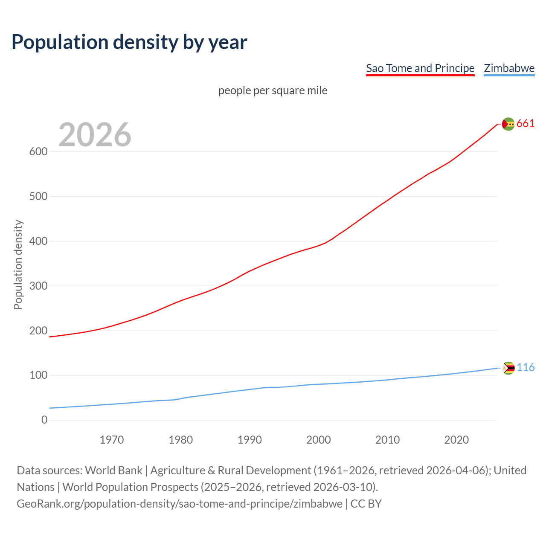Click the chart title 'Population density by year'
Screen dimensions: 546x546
[129, 42]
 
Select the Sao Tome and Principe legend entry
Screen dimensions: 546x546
[420, 68]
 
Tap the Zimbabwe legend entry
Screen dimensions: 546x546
[509, 68]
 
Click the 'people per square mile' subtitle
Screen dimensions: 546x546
[273, 90]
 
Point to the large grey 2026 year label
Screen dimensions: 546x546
[95, 135]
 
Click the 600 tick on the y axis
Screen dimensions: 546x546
[38, 152]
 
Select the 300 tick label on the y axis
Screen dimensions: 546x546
[38, 286]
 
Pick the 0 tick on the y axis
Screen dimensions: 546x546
[44, 420]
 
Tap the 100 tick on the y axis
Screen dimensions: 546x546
[38, 375]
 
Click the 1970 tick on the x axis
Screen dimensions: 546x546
[112, 440]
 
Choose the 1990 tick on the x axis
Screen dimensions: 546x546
[250, 440]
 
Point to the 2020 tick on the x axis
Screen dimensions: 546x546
[456, 440]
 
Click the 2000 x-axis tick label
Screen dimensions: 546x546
[319, 440]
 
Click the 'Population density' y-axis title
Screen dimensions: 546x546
[18, 264]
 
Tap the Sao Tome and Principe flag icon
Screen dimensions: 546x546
[508, 124]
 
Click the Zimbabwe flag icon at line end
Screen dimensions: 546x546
[508, 368]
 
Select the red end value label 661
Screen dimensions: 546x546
[526, 124]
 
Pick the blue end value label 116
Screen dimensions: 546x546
[526, 368]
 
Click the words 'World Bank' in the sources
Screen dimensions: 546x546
[113, 470]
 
